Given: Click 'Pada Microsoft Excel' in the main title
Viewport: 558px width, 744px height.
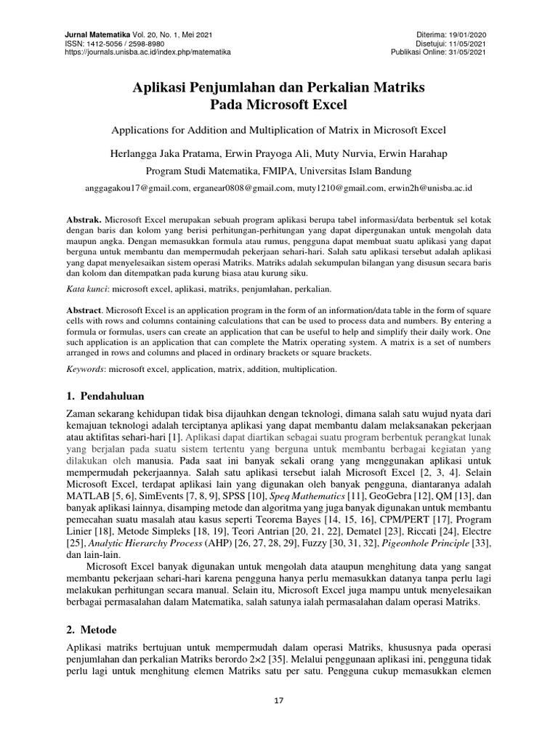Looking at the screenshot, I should [278, 105].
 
